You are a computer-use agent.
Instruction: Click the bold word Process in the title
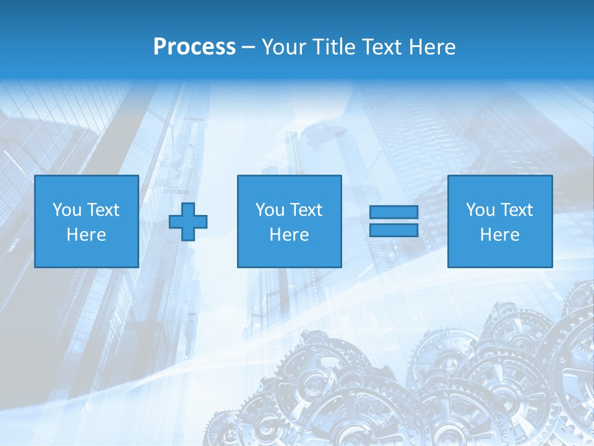tap(194, 47)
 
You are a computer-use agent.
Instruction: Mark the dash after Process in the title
tap(249, 48)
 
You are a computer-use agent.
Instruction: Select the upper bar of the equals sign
tap(394, 212)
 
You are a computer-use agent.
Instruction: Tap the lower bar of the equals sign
tap(394, 230)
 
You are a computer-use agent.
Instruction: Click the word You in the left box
tap(67, 210)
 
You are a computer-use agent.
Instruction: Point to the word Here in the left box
tap(86, 235)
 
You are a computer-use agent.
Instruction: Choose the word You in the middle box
tap(270, 210)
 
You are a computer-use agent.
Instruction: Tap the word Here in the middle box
tap(289, 235)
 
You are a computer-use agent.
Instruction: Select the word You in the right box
tap(480, 210)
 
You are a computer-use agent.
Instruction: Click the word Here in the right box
tap(499, 235)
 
